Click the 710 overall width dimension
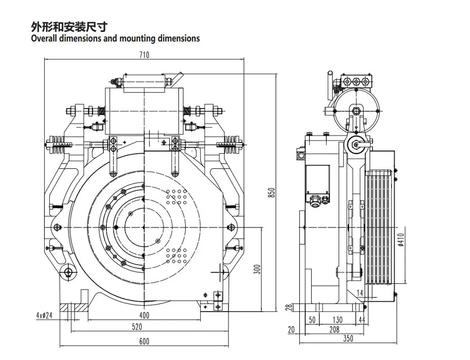pyautogui.click(x=144, y=55)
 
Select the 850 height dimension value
pyautogui.click(x=271, y=190)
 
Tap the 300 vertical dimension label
pyautogui.click(x=257, y=269)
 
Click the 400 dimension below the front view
pyautogui.click(x=144, y=314)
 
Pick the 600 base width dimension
pyautogui.click(x=144, y=341)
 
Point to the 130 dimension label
pyautogui.click(x=337, y=320)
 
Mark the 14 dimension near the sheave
pyautogui.click(x=360, y=293)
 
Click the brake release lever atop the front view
pyautogui.click(x=176, y=77)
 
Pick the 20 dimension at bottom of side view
pyautogui.click(x=291, y=330)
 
